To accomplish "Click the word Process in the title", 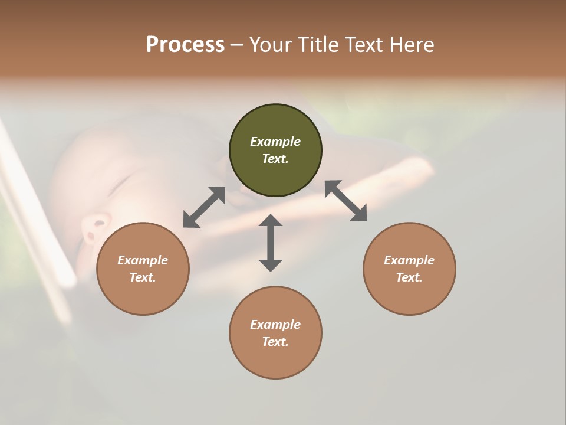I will coord(185,45).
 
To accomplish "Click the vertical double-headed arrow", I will coord(271,243).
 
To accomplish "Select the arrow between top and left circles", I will coord(204,207).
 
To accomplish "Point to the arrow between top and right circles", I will coord(345,201).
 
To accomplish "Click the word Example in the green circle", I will coord(275,142).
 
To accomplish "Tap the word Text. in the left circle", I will coord(143,277).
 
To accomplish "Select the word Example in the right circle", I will coord(409,260).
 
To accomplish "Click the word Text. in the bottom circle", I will coord(275,342).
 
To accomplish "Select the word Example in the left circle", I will coord(143,260).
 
